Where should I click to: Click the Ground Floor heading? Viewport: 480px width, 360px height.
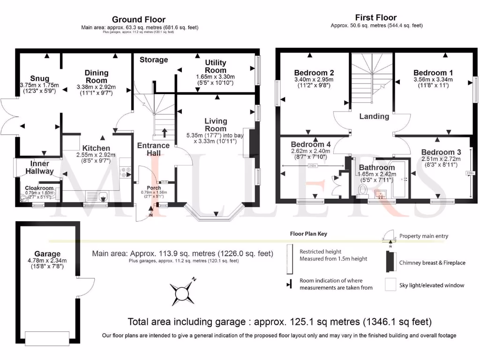(x=138, y=19)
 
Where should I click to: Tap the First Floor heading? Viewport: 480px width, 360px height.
(x=376, y=17)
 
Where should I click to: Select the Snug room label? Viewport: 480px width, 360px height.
(x=40, y=78)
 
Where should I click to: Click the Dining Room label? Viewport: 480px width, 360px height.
(x=97, y=76)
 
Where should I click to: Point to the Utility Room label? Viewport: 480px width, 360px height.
(x=215, y=66)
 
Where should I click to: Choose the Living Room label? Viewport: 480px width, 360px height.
(x=216, y=125)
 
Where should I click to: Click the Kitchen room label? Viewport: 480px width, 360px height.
(x=96, y=148)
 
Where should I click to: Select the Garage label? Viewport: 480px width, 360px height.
(x=47, y=254)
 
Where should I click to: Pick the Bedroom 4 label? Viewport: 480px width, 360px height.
(x=311, y=144)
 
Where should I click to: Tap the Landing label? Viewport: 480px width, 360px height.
(x=374, y=116)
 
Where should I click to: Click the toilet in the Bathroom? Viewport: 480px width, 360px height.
(x=361, y=189)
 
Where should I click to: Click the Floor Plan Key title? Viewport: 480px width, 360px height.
(x=308, y=233)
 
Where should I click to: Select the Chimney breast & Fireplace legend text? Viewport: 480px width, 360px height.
(x=432, y=263)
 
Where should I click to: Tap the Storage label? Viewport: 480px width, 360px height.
(x=154, y=60)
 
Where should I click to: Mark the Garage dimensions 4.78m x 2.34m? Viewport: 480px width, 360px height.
(x=47, y=261)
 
